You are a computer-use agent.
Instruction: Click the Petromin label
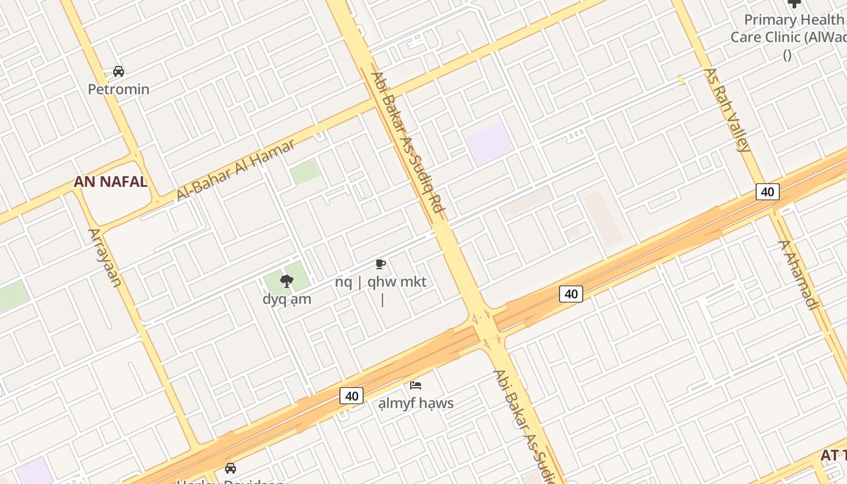(119, 90)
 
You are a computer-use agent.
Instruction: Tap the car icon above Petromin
(119, 71)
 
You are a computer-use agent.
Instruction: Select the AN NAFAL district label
(111, 181)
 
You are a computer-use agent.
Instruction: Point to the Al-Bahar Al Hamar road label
(236, 170)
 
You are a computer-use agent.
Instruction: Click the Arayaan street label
(105, 257)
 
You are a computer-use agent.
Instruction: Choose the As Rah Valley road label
(727, 110)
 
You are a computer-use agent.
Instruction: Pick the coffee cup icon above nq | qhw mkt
(380, 264)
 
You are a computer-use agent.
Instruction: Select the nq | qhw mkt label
(381, 282)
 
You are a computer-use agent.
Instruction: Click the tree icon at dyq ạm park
(287, 281)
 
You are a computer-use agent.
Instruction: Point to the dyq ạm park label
(287, 299)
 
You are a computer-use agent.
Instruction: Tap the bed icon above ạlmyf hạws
(416, 385)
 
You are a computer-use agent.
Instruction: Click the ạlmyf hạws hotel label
(416, 403)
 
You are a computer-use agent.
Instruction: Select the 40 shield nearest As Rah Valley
(767, 192)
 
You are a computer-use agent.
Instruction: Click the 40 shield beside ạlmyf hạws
(352, 396)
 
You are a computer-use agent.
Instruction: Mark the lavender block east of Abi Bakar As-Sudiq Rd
(489, 143)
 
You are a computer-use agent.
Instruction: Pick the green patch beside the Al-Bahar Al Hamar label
(306, 172)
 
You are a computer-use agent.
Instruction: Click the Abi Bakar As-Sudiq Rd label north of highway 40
(408, 145)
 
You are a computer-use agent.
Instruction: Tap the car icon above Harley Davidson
(231, 468)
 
